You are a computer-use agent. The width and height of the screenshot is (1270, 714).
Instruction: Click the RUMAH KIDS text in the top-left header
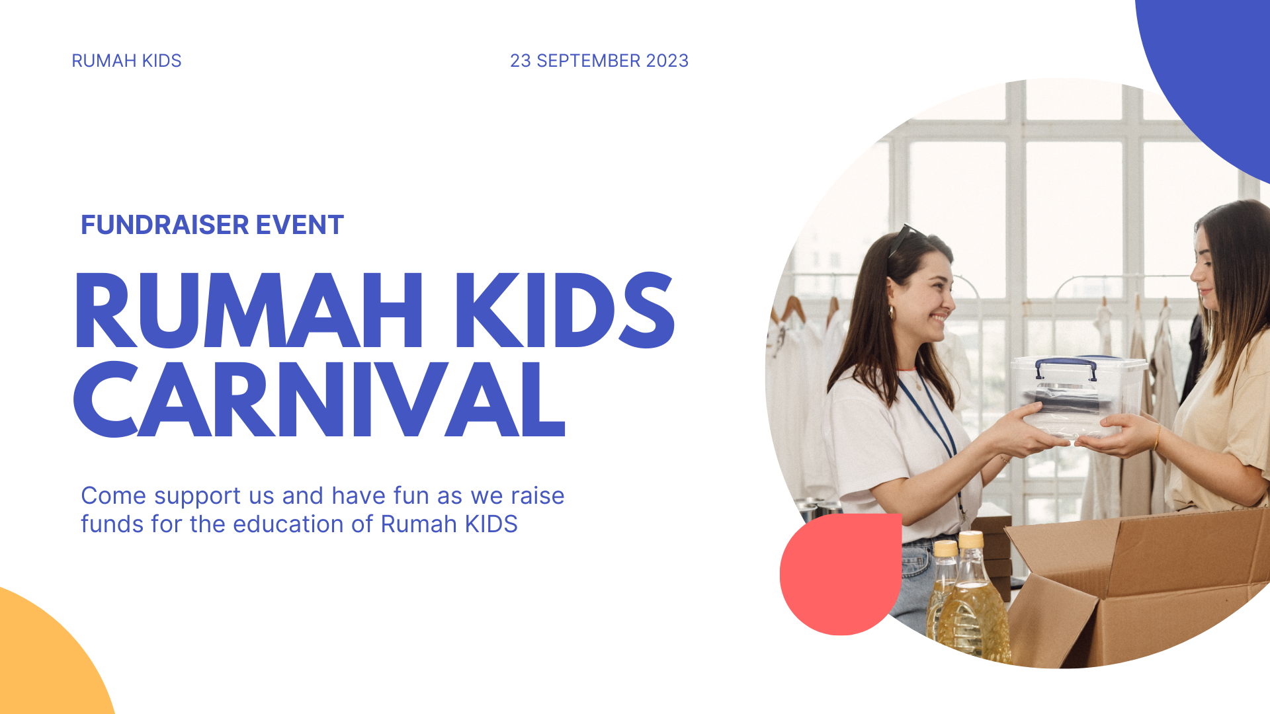(126, 61)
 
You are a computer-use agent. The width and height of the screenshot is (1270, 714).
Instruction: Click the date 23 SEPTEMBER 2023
(599, 61)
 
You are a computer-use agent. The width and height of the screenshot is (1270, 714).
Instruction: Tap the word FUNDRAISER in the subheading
(165, 225)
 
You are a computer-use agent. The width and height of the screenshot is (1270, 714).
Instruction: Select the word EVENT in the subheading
(300, 225)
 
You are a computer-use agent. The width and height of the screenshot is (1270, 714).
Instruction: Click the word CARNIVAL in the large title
(319, 399)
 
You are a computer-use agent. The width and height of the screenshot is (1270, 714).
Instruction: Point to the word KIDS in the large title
(565, 310)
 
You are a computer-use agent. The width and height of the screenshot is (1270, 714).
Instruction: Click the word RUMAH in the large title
(249, 310)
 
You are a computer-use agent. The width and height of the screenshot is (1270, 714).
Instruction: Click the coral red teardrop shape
(841, 575)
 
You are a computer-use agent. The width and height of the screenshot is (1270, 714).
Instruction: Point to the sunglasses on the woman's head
(905, 238)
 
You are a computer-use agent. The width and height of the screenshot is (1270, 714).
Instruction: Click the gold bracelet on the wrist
(1157, 438)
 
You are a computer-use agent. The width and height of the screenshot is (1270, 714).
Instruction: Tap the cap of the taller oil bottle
(971, 539)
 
